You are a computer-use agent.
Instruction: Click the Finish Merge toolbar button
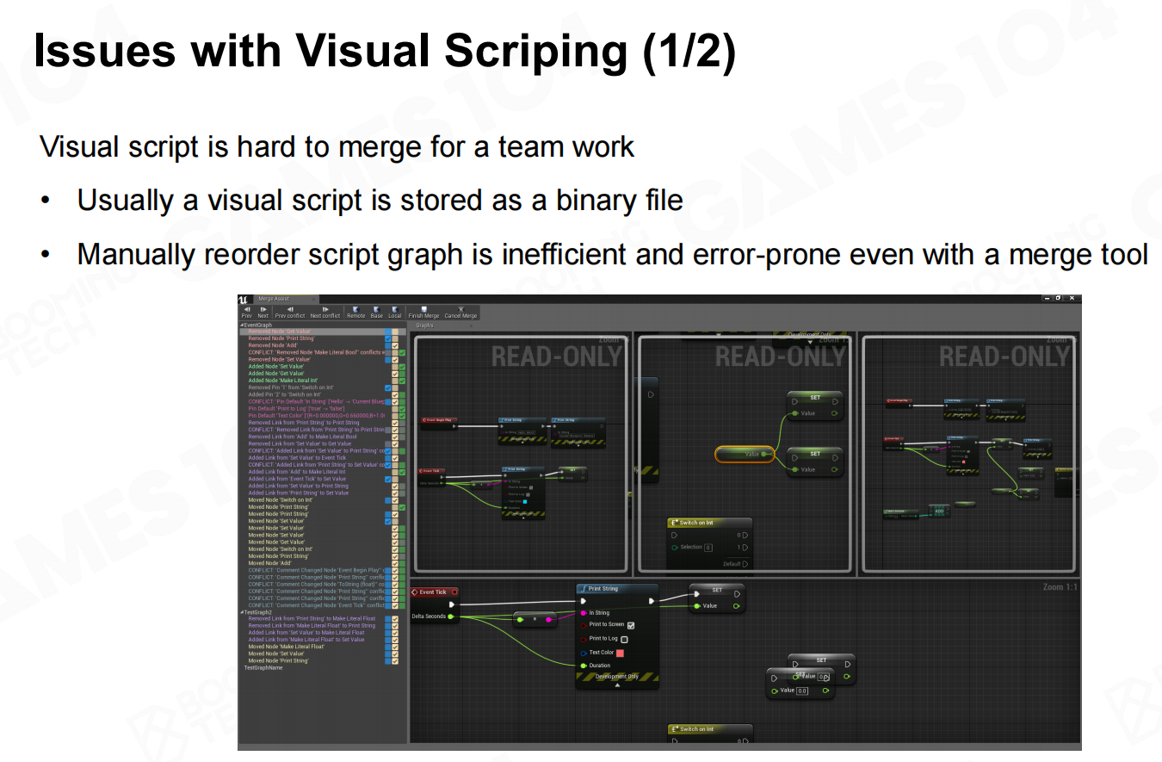pyautogui.click(x=423, y=312)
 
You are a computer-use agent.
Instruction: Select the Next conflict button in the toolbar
pyautogui.click(x=325, y=312)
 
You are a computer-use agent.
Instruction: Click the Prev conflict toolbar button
pyautogui.click(x=290, y=312)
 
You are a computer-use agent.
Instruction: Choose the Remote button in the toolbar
pyautogui.click(x=355, y=312)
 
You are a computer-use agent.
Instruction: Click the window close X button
pyautogui.click(x=1072, y=298)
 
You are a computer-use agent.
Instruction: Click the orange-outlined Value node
pyautogui.click(x=745, y=454)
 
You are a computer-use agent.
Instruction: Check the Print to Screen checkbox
pyautogui.click(x=631, y=625)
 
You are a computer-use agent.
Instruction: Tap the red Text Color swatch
pyautogui.click(x=620, y=654)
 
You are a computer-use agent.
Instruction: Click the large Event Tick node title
pyautogui.click(x=433, y=592)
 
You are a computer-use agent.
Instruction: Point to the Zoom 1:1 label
pyautogui.click(x=1060, y=587)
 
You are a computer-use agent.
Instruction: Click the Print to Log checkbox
pyautogui.click(x=624, y=640)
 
